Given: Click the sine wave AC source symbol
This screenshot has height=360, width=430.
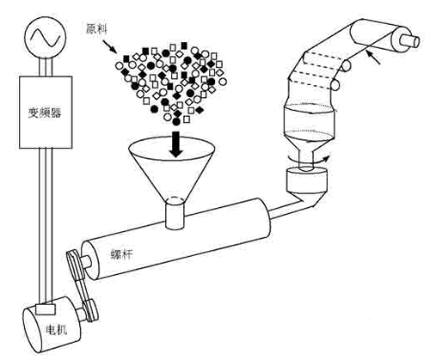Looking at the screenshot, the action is (46, 38).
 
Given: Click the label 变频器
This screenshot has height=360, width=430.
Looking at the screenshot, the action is (45, 113).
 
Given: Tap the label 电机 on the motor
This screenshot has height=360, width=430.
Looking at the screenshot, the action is (57, 330).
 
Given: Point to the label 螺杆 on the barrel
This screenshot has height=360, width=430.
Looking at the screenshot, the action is (122, 253).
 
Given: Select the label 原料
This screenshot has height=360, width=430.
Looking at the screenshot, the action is (96, 28).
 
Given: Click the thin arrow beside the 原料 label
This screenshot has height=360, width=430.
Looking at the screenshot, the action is (110, 46).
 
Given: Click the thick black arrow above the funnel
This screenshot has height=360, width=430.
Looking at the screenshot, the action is (176, 144).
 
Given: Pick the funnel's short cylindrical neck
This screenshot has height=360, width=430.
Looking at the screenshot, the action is (175, 213).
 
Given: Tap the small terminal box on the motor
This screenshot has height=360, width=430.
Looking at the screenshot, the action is (45, 309).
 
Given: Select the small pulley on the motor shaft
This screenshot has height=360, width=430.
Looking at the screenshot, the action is (91, 311).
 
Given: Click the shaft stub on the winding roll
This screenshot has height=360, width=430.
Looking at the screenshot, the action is (412, 40).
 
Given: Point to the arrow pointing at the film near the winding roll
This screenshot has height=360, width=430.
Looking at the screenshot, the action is (374, 58).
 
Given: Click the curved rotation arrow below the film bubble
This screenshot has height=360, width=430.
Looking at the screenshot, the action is (308, 160).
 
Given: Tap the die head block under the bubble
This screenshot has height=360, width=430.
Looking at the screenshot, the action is (306, 180).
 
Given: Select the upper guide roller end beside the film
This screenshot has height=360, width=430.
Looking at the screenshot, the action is (346, 65).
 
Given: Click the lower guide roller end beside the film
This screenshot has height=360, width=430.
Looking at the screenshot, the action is (335, 85).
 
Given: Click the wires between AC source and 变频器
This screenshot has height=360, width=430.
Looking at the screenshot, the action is (46, 68).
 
